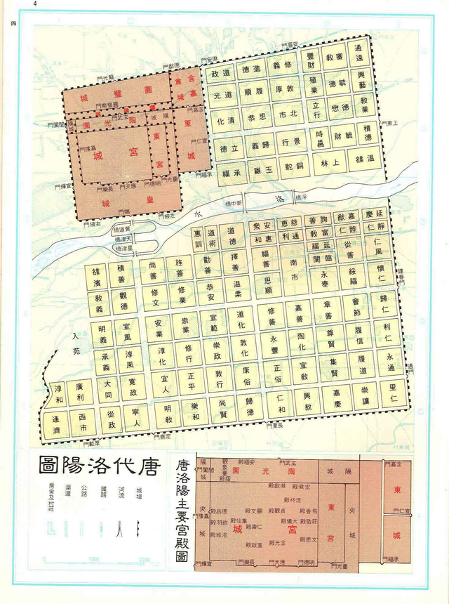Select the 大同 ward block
pos(109,390)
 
